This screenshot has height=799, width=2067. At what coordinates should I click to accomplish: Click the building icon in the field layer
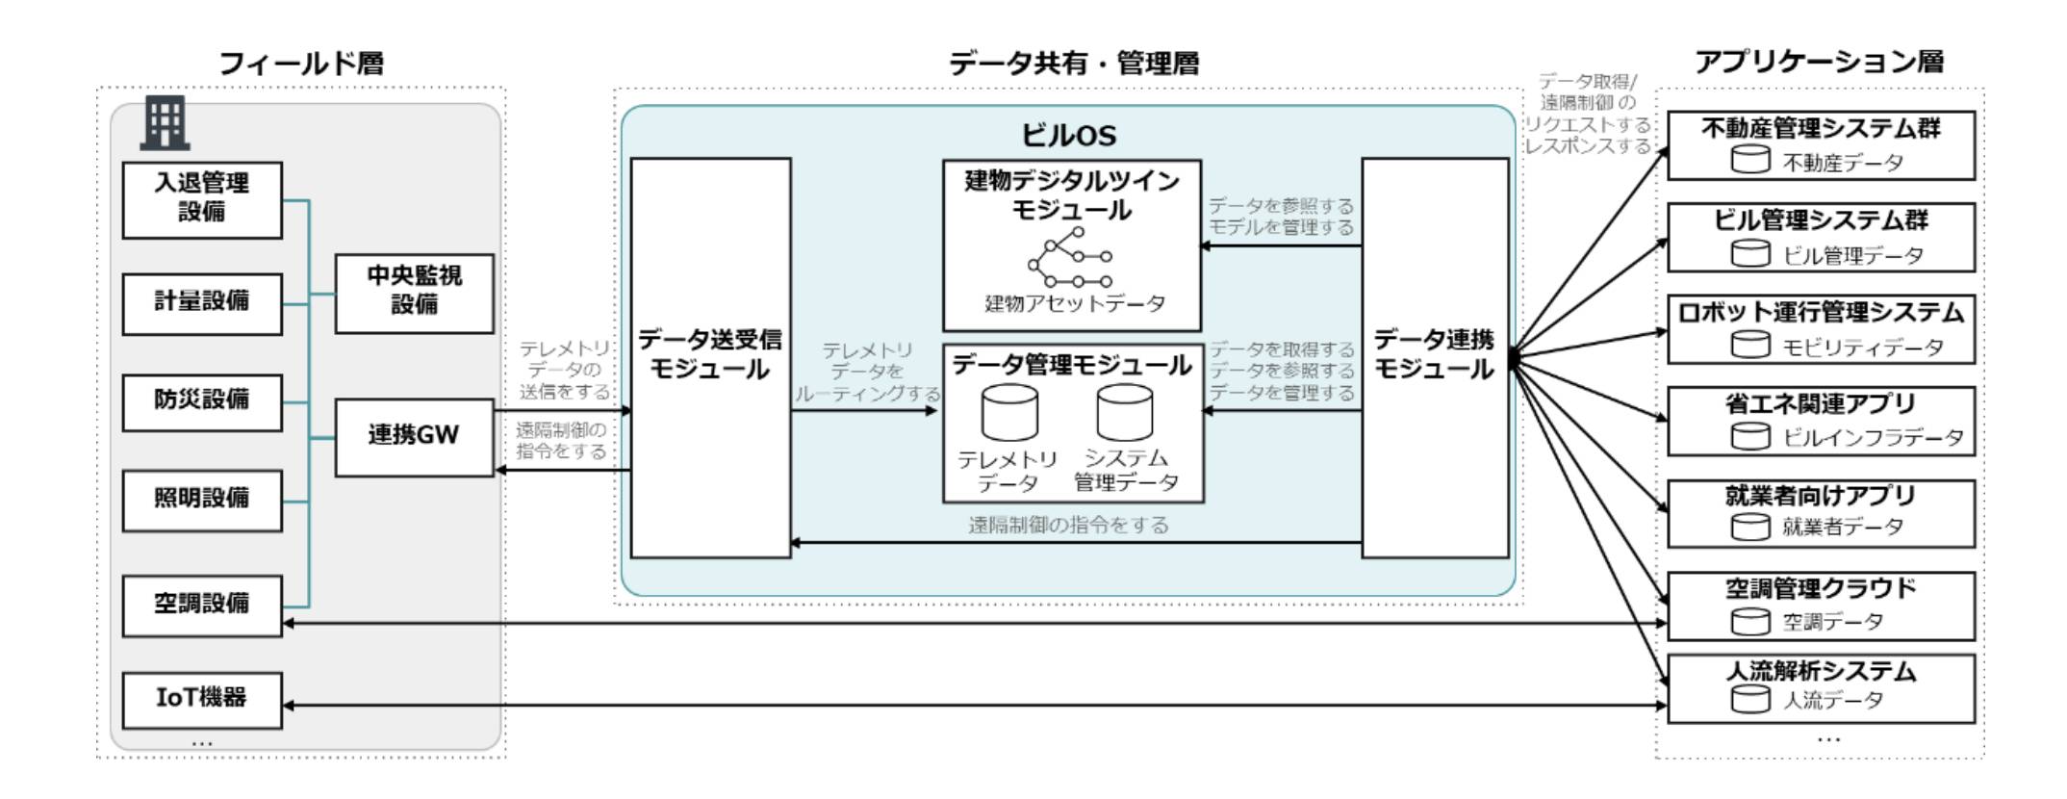(x=165, y=122)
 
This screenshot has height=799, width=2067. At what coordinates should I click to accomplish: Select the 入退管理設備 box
(x=202, y=200)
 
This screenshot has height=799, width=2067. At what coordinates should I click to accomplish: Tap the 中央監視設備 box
(x=414, y=294)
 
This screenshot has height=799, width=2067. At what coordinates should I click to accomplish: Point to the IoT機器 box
(x=202, y=700)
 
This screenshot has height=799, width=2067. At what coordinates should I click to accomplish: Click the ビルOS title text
(x=1069, y=136)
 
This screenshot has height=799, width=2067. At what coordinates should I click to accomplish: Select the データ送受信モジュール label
(x=710, y=354)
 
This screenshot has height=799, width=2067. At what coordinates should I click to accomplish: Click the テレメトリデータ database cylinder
(x=1009, y=413)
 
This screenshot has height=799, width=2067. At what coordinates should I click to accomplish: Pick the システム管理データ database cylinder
(x=1125, y=413)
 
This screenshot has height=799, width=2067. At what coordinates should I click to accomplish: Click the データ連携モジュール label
(x=1434, y=354)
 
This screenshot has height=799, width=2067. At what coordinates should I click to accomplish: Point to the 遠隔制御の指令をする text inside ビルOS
(x=1068, y=525)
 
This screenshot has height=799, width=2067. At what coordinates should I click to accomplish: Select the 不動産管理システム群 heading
(x=1821, y=128)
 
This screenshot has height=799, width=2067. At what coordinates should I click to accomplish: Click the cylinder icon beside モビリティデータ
(x=1750, y=345)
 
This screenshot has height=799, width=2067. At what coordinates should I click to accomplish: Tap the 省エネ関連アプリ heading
(x=1821, y=403)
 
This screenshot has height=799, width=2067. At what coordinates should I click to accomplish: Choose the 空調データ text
(x=1833, y=622)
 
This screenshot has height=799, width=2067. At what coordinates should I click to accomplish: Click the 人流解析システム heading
(x=1821, y=671)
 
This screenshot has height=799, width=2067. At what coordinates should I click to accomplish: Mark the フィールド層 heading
(x=301, y=64)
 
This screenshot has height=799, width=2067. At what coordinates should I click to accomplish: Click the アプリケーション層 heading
(x=1819, y=63)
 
